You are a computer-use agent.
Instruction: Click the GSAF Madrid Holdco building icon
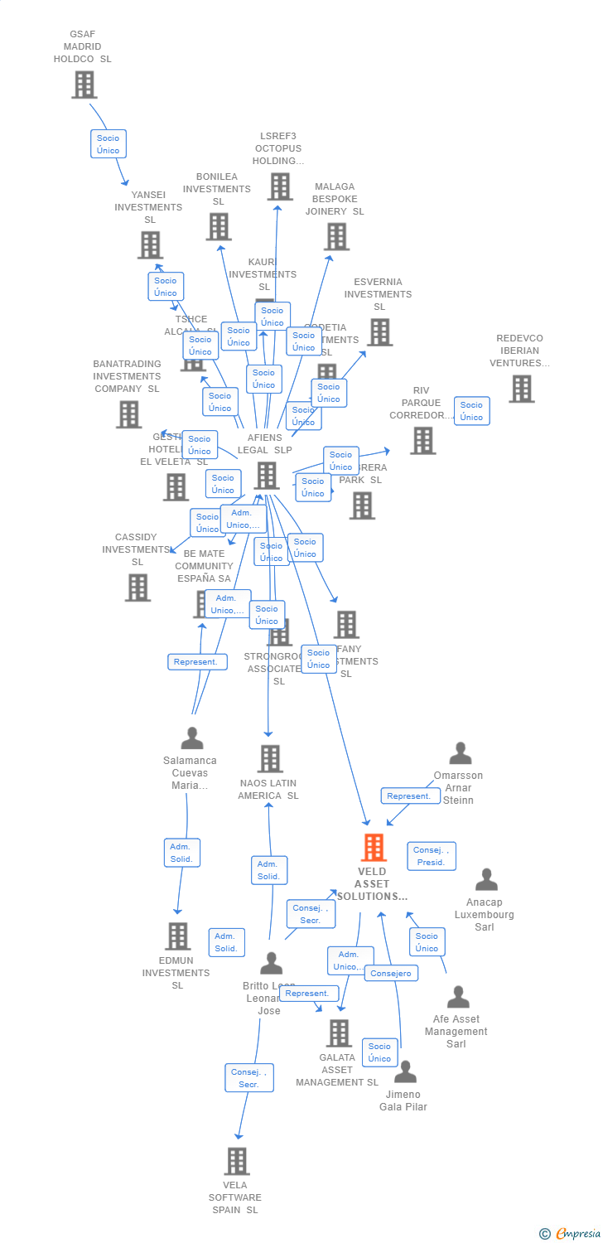pyautogui.click(x=84, y=85)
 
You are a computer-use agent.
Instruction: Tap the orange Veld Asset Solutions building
pyautogui.click(x=374, y=848)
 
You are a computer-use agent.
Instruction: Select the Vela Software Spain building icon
pyautogui.click(x=237, y=1161)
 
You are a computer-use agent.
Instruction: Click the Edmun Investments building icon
pyautogui.click(x=177, y=936)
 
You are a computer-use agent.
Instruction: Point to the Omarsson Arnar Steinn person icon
pyautogui.click(x=460, y=753)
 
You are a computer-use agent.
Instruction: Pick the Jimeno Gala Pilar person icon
pyautogui.click(x=405, y=1071)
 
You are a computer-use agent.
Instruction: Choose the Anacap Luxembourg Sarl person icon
pyautogui.click(x=486, y=879)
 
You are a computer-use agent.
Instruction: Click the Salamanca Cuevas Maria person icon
pyautogui.click(x=192, y=738)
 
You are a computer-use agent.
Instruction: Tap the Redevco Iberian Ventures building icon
pyautogui.click(x=521, y=389)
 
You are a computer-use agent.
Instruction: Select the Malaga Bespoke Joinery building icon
pyautogui.click(x=336, y=236)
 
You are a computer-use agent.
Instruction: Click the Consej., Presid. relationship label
pyautogui.click(x=432, y=856)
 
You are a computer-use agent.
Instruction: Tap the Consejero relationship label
pyautogui.click(x=391, y=973)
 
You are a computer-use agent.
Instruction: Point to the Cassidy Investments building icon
pyautogui.click(x=137, y=587)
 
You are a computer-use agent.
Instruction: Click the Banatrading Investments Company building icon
pyautogui.click(x=128, y=414)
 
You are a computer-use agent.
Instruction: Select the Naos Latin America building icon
pyautogui.click(x=269, y=758)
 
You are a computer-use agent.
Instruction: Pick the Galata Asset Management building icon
pyautogui.click(x=338, y=1033)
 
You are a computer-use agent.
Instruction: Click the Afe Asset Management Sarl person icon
pyautogui.click(x=457, y=997)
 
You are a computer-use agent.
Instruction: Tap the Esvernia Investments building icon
pyautogui.click(x=379, y=331)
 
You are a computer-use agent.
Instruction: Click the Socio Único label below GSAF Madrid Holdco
pyautogui.click(x=108, y=144)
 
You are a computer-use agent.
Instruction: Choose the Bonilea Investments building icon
pyautogui.click(x=219, y=226)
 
